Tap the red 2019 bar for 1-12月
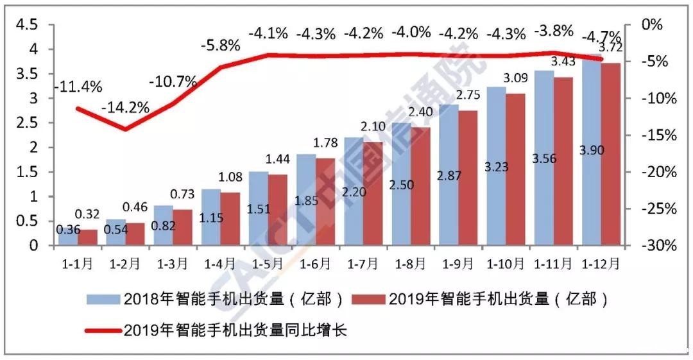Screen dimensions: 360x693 [x=610, y=154]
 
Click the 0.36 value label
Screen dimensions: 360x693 [x=67, y=229]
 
